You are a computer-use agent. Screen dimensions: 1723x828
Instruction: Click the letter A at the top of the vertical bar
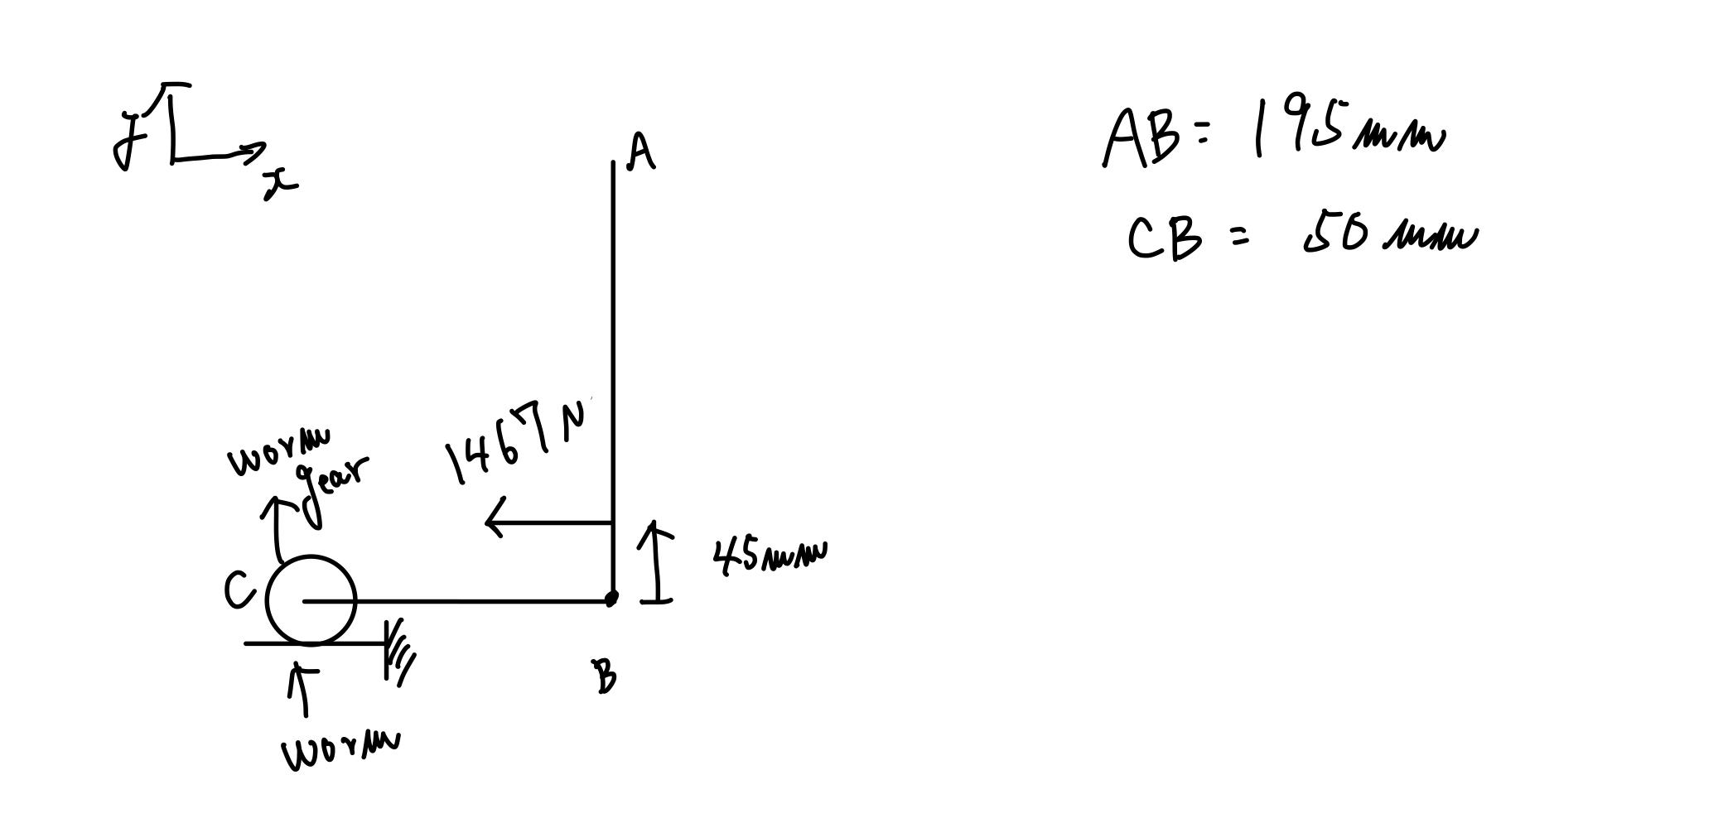[x=641, y=152]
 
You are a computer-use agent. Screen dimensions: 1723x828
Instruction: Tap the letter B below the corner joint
[x=606, y=676]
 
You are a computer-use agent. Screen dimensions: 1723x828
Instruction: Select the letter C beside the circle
[x=239, y=590]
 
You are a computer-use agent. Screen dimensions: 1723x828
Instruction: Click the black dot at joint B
[x=611, y=598]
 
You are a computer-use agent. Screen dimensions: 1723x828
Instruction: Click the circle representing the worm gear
[x=311, y=600]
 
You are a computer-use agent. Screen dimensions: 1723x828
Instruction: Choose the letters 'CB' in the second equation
[x=1164, y=238]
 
